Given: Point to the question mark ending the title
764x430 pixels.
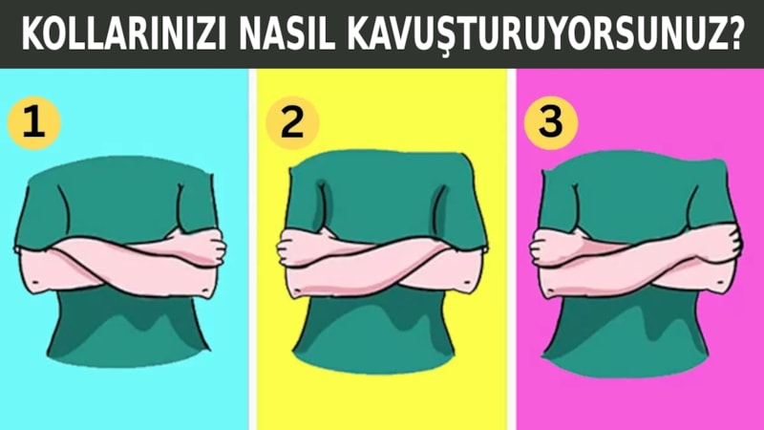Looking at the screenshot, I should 736,34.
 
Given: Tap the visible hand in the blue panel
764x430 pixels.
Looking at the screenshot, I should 205,247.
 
